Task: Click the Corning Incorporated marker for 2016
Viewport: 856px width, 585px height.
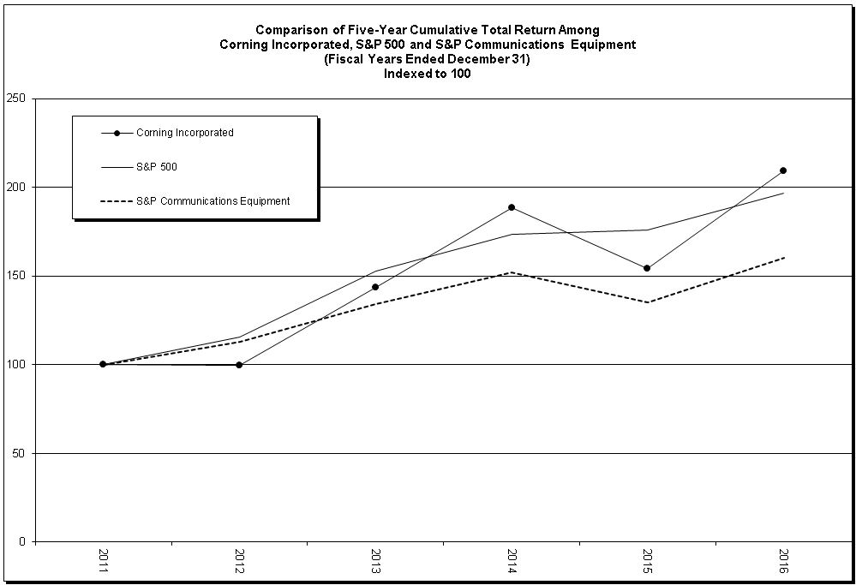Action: [783, 170]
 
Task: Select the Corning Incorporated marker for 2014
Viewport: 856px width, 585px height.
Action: [512, 207]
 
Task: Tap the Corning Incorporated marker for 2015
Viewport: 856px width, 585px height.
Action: [647, 268]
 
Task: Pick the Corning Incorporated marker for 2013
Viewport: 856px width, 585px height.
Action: [375, 287]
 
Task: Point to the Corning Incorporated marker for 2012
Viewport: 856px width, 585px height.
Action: [239, 365]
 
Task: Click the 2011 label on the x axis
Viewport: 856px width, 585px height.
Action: [103, 561]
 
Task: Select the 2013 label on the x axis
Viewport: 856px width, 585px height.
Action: [375, 561]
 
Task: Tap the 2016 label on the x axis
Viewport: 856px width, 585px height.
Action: [783, 561]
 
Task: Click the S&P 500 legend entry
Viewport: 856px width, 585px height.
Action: [157, 167]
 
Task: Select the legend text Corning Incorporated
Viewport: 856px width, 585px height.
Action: [185, 133]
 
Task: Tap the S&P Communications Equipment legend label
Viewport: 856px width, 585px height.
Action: [213, 201]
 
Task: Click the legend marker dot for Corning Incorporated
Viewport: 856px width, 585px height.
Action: [117, 133]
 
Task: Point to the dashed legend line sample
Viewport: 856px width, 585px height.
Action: [117, 201]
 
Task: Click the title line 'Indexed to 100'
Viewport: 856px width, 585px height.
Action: [428, 74]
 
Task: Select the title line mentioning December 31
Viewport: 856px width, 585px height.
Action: [428, 59]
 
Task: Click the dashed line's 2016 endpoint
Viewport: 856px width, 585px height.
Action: [783, 257]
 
